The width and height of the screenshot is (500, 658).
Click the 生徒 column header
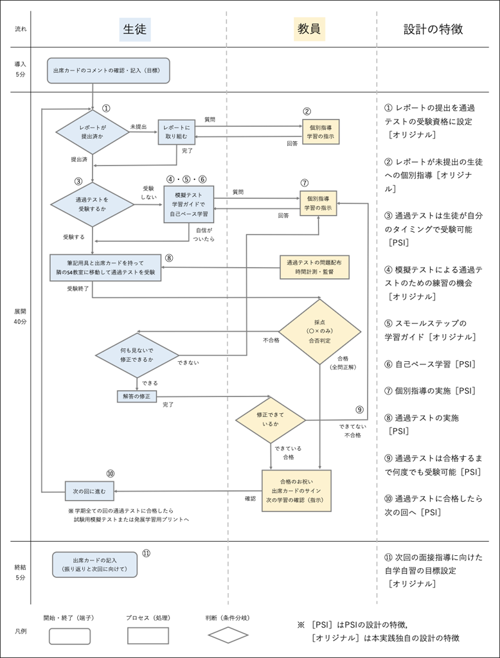click(135, 30)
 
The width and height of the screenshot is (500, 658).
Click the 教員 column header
click(309, 30)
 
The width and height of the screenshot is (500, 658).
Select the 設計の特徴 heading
click(433, 30)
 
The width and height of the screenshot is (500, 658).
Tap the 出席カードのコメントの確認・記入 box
click(108, 70)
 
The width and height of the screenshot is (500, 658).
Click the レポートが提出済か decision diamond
click(93, 132)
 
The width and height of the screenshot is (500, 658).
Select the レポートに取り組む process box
click(176, 132)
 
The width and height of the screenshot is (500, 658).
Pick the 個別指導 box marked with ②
click(320, 131)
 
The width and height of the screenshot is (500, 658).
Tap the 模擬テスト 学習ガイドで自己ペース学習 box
click(188, 204)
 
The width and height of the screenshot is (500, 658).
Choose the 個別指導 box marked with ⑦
click(317, 203)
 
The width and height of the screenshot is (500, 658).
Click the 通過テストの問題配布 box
click(314, 267)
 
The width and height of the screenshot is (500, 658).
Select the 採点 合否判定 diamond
click(319, 332)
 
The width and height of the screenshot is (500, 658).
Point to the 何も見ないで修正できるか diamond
click(137, 355)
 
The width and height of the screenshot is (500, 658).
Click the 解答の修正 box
click(136, 396)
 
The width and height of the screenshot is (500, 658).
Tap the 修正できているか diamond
click(271, 420)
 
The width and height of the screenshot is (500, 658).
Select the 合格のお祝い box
click(296, 490)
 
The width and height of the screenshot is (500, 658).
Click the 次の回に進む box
click(89, 491)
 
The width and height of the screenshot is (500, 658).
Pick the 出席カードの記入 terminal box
click(94, 564)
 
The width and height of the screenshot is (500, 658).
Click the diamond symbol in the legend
click(228, 635)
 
